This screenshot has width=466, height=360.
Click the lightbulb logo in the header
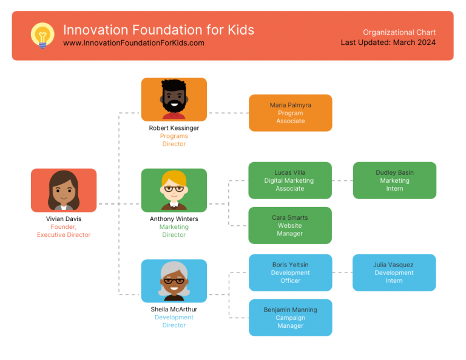[x=42, y=35]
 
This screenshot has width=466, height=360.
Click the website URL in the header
[x=133, y=43]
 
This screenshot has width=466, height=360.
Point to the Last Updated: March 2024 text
[x=388, y=42]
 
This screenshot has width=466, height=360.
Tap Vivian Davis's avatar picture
[x=64, y=190]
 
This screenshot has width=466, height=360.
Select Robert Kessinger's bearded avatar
[x=174, y=99]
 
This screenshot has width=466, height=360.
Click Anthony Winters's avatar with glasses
[x=174, y=190]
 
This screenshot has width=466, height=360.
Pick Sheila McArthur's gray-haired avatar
[x=174, y=280]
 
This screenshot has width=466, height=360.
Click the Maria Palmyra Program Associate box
[x=290, y=113]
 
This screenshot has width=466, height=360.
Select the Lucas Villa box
[x=290, y=180]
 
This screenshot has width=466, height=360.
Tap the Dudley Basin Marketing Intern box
[x=394, y=180]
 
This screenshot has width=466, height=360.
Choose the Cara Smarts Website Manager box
[x=290, y=225]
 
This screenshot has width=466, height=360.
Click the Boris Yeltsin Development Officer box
[x=290, y=273]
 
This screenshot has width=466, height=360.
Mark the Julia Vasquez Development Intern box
[x=394, y=273]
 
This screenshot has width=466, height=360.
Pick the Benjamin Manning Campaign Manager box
[x=290, y=318]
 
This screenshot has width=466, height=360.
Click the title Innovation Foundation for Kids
[x=158, y=30]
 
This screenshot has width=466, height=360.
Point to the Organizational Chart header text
[x=399, y=32]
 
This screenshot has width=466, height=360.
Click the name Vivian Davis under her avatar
[x=64, y=219]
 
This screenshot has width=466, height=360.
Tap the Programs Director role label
[x=174, y=140]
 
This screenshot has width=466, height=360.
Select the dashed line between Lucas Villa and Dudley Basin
[x=342, y=180]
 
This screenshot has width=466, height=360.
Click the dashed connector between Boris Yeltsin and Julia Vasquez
[x=342, y=273]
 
